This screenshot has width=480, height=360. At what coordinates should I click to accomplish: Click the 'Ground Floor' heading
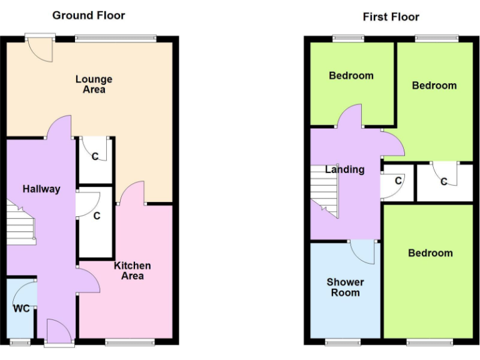click(x=88, y=15)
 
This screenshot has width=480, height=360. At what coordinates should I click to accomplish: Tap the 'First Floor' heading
click(x=391, y=17)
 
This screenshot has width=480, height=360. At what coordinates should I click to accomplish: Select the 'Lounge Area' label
click(x=94, y=84)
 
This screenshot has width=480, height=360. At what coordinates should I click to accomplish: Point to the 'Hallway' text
click(x=41, y=189)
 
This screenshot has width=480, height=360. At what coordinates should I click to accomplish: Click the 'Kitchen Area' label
click(x=132, y=271)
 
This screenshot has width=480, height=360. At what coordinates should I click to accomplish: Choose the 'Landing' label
click(x=344, y=169)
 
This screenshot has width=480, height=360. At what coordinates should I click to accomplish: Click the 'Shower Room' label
click(x=345, y=287)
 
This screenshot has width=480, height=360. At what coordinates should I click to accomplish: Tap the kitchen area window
click(x=129, y=342)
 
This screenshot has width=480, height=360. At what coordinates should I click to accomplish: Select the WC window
click(x=19, y=342)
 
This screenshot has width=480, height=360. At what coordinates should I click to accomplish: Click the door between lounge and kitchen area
click(x=131, y=192)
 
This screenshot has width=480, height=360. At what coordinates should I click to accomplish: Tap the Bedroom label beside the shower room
click(x=430, y=253)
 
